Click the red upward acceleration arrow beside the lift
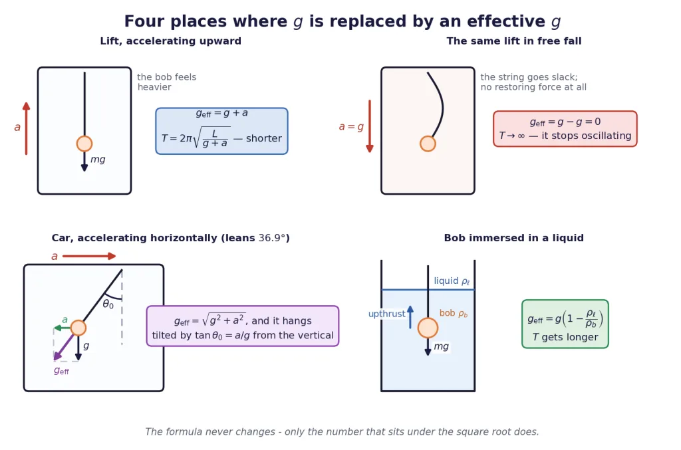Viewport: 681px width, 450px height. [x=27, y=128]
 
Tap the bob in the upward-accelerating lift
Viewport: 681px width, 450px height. [x=84, y=144]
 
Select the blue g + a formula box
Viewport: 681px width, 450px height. [x=221, y=131]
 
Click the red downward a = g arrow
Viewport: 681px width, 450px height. [x=370, y=126]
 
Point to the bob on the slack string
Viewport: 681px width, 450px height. [x=428, y=144]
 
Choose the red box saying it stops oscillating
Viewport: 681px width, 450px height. [x=565, y=129]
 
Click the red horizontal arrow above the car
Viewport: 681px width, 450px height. [x=89, y=256]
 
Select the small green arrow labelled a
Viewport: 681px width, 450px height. [x=63, y=328]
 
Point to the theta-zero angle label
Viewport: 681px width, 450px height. [x=108, y=304]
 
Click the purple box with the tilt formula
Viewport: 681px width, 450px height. [x=242, y=326]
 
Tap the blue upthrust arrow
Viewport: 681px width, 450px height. [x=410, y=317]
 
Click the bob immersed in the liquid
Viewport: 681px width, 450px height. [x=428, y=328]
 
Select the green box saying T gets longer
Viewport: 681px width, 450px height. [x=565, y=324]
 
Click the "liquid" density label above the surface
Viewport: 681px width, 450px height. [x=452, y=281]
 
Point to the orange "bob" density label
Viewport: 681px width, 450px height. [x=454, y=313]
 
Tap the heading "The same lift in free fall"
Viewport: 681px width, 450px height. [x=514, y=41]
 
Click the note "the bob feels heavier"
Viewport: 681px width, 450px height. [x=167, y=82]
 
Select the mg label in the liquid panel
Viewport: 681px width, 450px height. [x=442, y=346]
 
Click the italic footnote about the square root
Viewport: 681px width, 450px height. [x=342, y=432]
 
